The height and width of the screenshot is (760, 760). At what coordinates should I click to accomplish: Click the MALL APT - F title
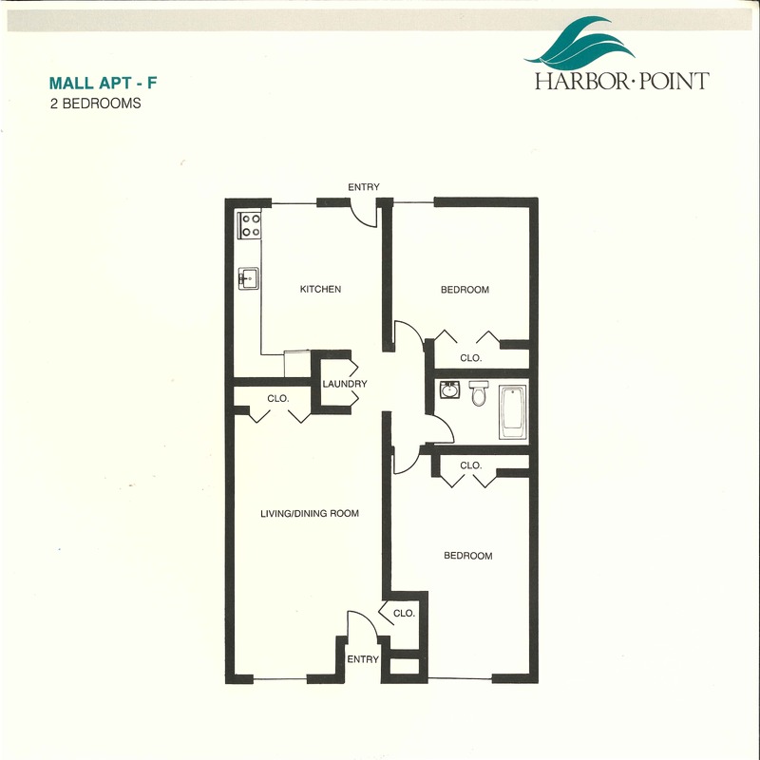pyautogui.click(x=104, y=83)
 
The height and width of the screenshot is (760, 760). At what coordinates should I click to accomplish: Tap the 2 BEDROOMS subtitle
pyautogui.click(x=96, y=104)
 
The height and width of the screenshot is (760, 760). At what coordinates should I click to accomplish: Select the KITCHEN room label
pyautogui.click(x=320, y=290)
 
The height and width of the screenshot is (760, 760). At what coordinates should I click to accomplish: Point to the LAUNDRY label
pyautogui.click(x=345, y=384)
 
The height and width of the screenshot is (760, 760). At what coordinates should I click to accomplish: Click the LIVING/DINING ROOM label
pyautogui.click(x=310, y=513)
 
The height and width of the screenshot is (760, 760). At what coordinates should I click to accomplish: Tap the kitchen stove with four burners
pyautogui.click(x=250, y=225)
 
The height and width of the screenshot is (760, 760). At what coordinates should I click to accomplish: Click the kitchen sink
pyautogui.click(x=248, y=278)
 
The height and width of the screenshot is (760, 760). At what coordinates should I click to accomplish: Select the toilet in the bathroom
pyautogui.click(x=479, y=392)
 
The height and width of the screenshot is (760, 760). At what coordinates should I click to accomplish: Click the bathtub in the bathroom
pyautogui.click(x=513, y=412)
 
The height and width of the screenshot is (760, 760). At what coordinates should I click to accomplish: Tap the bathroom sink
pyautogui.click(x=449, y=389)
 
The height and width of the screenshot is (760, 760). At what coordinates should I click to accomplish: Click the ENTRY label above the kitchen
pyautogui.click(x=364, y=187)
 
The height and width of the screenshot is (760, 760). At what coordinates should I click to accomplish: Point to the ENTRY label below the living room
pyautogui.click(x=363, y=659)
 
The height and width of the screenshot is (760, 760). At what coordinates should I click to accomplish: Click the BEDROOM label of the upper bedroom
pyautogui.click(x=465, y=290)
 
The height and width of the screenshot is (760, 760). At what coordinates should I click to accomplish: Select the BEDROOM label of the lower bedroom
pyautogui.click(x=468, y=556)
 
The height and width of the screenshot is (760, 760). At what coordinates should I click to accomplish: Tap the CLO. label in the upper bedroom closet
pyautogui.click(x=471, y=358)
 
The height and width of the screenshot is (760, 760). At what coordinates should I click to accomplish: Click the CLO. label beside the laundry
pyautogui.click(x=278, y=398)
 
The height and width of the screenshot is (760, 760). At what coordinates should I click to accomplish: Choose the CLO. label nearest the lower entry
pyautogui.click(x=405, y=613)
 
